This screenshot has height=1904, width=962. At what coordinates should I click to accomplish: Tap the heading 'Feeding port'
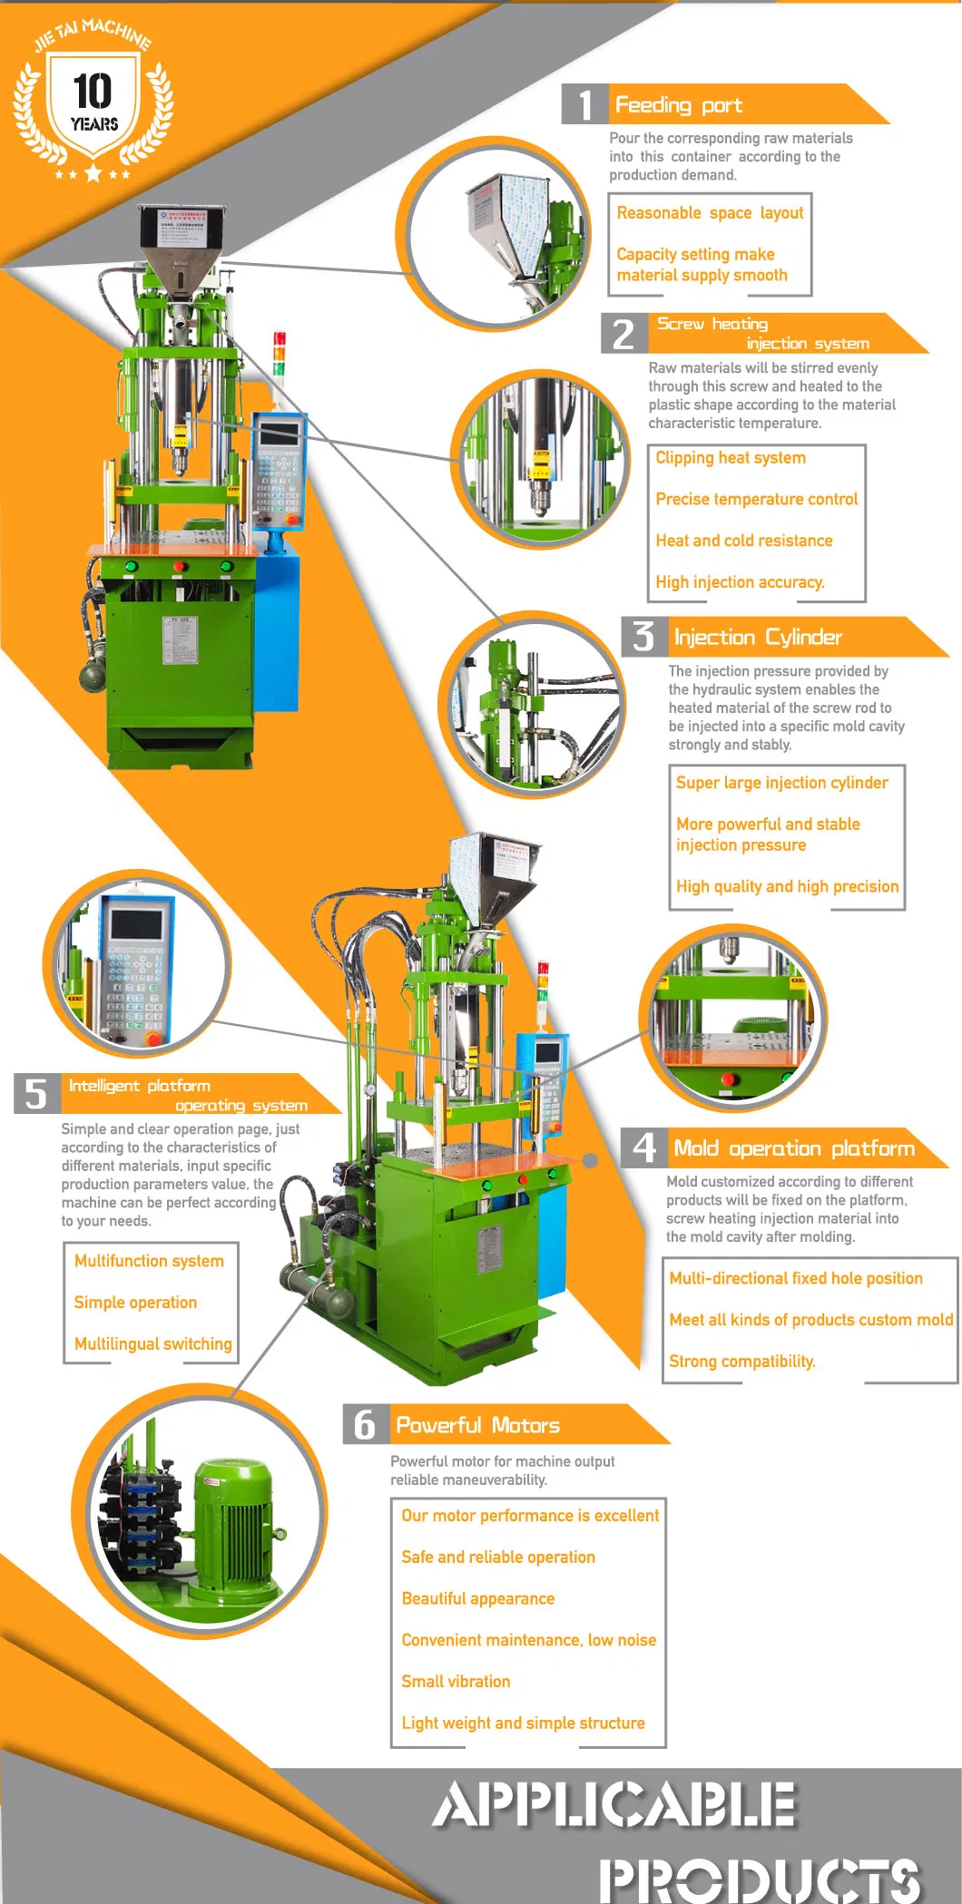click(x=678, y=105)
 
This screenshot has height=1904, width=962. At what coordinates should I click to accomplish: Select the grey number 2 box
click(x=623, y=334)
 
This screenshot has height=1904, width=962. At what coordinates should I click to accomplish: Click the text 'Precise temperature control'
click(x=756, y=499)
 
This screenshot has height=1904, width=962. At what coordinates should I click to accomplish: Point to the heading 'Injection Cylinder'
click(x=757, y=637)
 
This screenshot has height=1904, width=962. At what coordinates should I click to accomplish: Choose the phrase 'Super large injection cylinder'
click(x=781, y=783)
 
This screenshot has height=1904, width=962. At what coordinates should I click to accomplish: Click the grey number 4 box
click(x=643, y=1147)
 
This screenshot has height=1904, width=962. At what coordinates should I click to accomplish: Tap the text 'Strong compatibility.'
click(x=741, y=1361)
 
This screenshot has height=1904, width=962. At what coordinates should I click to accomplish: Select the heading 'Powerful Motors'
click(x=477, y=1425)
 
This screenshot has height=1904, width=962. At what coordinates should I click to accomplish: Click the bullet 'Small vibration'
click(x=456, y=1681)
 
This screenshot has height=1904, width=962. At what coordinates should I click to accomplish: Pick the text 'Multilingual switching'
click(x=152, y=1343)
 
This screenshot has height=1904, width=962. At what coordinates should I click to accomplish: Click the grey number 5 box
click(x=36, y=1094)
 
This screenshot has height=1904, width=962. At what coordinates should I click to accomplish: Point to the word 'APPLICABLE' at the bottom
click(x=614, y=1804)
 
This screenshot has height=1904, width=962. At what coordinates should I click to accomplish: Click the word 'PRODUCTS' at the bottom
click(x=759, y=1878)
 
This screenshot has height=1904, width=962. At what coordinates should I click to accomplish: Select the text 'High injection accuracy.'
click(x=740, y=581)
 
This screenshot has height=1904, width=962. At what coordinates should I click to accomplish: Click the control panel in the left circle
click(x=136, y=966)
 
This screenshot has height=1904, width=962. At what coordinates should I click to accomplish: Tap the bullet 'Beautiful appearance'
click(x=477, y=1598)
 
